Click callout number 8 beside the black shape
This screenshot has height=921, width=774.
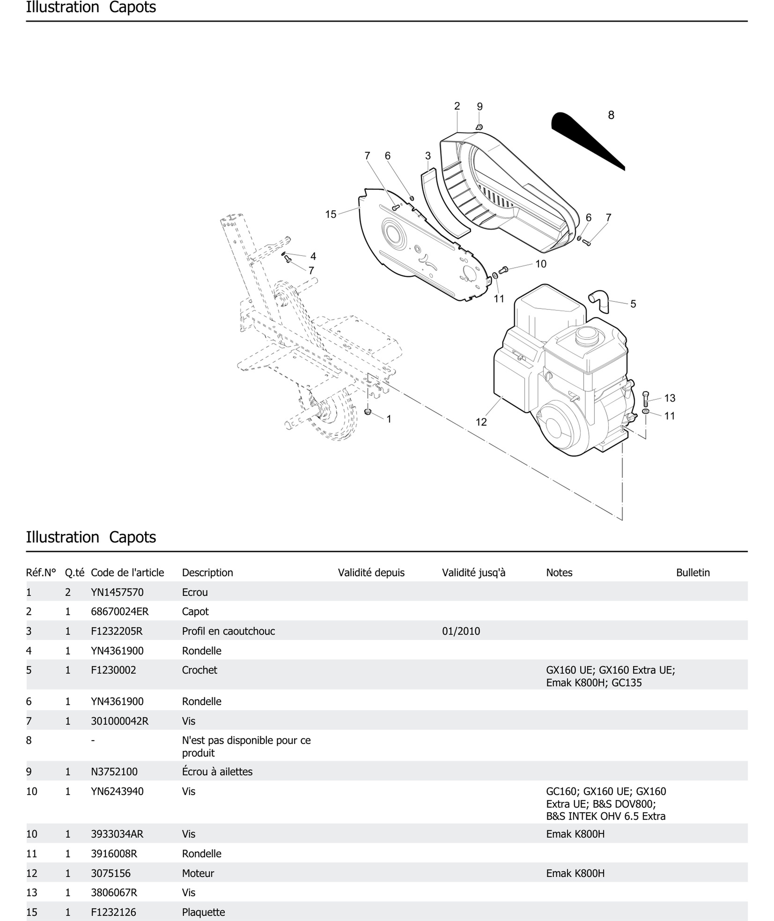click(611, 115)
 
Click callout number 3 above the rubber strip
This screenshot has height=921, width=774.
click(428, 156)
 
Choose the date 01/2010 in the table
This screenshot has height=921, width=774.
click(461, 631)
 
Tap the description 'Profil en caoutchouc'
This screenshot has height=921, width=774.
click(228, 631)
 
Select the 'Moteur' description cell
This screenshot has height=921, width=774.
click(198, 873)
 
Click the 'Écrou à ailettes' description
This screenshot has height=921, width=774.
click(217, 772)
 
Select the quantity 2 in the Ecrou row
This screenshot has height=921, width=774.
click(68, 592)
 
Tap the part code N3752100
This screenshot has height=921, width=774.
click(114, 772)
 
